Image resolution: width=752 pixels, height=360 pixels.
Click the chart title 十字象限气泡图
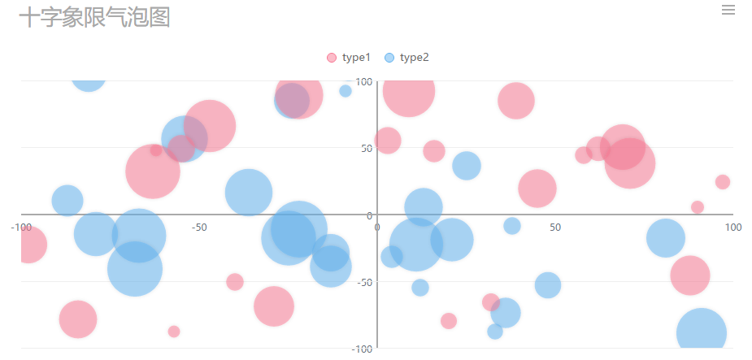tap(94, 17)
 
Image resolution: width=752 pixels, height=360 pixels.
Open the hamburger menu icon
tap(728, 10)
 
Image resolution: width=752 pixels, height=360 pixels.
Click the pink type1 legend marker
tap(331, 58)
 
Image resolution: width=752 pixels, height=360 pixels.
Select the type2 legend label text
tap(414, 58)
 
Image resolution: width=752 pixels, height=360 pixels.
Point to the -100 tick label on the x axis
tap(21, 228)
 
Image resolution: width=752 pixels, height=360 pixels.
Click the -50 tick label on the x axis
tap(199, 228)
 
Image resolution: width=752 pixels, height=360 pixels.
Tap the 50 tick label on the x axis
tap(554, 228)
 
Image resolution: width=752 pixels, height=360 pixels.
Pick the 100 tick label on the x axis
tap(732, 228)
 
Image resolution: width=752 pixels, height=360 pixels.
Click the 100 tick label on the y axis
tap(363, 81)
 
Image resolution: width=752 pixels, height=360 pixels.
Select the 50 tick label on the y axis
tap(366, 148)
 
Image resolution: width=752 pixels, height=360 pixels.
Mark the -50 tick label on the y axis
tap(363, 282)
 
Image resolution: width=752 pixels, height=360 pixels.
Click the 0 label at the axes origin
tap(377, 227)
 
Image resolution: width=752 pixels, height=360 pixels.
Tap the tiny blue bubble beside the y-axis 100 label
tap(346, 91)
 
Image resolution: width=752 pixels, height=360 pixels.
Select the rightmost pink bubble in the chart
tap(722, 182)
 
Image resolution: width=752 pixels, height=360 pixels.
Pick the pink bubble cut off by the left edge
tap(29, 245)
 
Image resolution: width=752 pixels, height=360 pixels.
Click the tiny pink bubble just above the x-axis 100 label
tap(697, 207)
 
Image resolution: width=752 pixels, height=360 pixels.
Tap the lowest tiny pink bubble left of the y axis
tap(174, 332)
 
